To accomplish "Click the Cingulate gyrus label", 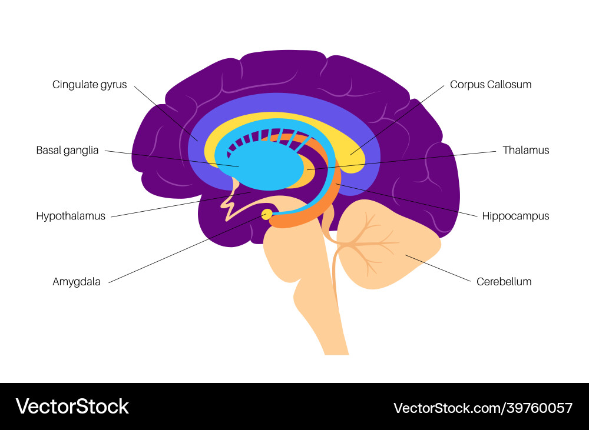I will [90, 85].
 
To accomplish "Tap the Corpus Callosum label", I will [491, 85].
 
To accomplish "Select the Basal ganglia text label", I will [67, 150].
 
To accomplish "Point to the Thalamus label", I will [525, 150].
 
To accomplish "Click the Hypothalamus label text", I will [71, 216].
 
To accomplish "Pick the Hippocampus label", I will [515, 216].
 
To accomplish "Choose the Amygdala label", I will [77, 282].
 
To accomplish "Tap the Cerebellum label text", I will [504, 282].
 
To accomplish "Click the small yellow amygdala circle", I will [267, 215].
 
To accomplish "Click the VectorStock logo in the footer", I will [72, 407].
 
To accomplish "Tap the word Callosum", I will [509, 85].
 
